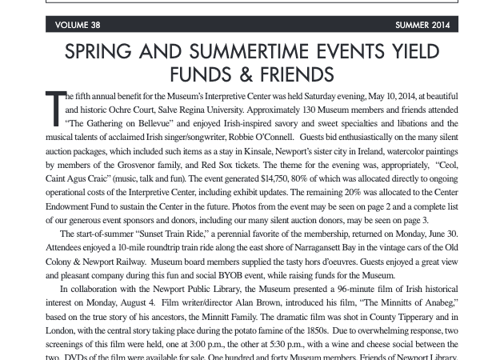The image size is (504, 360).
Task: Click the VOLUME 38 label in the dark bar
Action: coord(78,26)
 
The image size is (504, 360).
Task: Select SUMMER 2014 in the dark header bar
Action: coord(422,26)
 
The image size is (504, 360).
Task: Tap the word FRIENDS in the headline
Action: coord(288,74)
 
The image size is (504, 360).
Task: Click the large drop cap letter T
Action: coord(54,107)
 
